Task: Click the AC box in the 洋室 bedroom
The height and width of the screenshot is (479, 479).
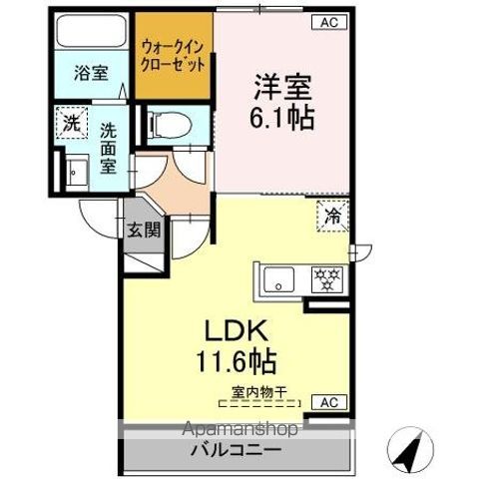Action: [x=327, y=23]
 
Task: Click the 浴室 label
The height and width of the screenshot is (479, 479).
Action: [x=92, y=72]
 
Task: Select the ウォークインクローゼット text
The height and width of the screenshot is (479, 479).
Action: [x=173, y=54]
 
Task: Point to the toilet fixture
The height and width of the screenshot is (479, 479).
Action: [x=166, y=124]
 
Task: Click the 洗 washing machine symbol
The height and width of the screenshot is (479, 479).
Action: [x=71, y=124]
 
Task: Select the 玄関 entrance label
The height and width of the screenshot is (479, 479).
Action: [x=141, y=229]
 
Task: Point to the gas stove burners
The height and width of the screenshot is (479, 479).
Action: [x=324, y=278]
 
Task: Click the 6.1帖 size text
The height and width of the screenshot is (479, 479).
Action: [x=279, y=117]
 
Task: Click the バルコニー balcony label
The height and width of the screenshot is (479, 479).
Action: [x=237, y=450]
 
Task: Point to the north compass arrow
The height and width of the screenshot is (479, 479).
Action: [x=411, y=451]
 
